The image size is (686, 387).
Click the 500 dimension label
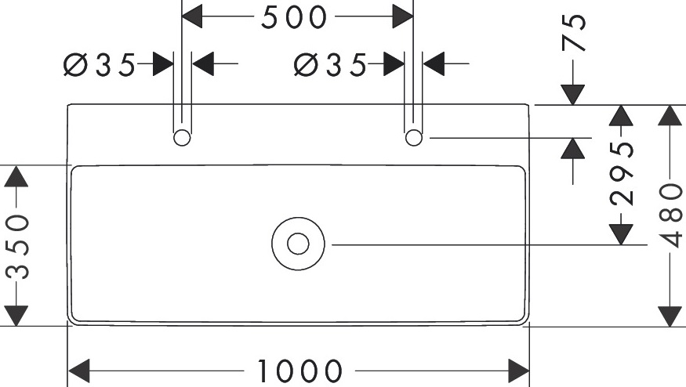tap(294, 17)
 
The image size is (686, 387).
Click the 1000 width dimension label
tap(299, 371)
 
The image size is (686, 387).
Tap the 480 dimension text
tap(670, 215)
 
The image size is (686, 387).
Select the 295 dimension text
tap(622, 174)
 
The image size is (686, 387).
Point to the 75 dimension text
tap(574, 33)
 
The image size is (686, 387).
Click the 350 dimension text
tap(17, 247)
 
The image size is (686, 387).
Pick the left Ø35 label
tap(100, 65)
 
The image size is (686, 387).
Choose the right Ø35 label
tap(330, 65)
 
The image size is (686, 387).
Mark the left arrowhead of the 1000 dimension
tap(79, 371)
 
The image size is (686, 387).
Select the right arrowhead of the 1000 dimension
tap(518, 371)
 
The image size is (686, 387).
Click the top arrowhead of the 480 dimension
tap(670, 115)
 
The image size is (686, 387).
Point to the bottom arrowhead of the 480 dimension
tap(670, 316)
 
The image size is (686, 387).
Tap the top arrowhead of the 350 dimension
tap(16, 176)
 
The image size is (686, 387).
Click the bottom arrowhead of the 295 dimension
tap(622, 234)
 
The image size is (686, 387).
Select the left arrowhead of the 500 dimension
tap(192, 16)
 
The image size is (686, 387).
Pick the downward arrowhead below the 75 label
tap(573, 95)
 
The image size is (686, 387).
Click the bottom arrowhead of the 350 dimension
tap(16, 316)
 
